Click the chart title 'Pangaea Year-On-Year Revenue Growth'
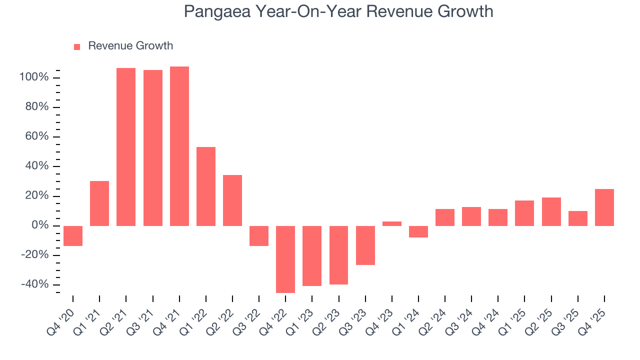click(x=338, y=11)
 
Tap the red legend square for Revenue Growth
click(x=77, y=46)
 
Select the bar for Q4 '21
click(x=179, y=146)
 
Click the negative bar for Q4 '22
click(x=285, y=259)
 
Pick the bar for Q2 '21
click(x=126, y=146)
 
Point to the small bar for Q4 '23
click(x=392, y=223)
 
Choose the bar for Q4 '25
click(x=604, y=207)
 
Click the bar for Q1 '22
click(x=206, y=186)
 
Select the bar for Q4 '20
click(x=73, y=235)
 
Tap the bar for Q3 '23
click(x=365, y=245)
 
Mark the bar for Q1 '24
click(x=418, y=231)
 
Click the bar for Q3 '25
click(x=578, y=218)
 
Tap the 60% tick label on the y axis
click(x=36, y=136)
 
